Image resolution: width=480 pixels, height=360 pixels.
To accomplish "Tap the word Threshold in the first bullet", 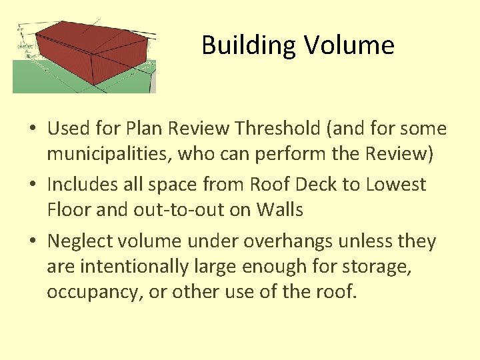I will pyautogui.click(x=289, y=128).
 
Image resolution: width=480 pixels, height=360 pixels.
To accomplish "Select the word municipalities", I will pyautogui.click(x=111, y=154).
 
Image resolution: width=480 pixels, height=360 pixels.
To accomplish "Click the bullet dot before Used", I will pyautogui.click(x=33, y=129).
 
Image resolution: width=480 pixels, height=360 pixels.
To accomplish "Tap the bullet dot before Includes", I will pyautogui.click(x=33, y=185).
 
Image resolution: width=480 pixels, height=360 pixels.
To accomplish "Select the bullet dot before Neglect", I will pyautogui.click(x=33, y=241).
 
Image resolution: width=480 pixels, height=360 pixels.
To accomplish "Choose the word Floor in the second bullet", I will pyautogui.click(x=69, y=210).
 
